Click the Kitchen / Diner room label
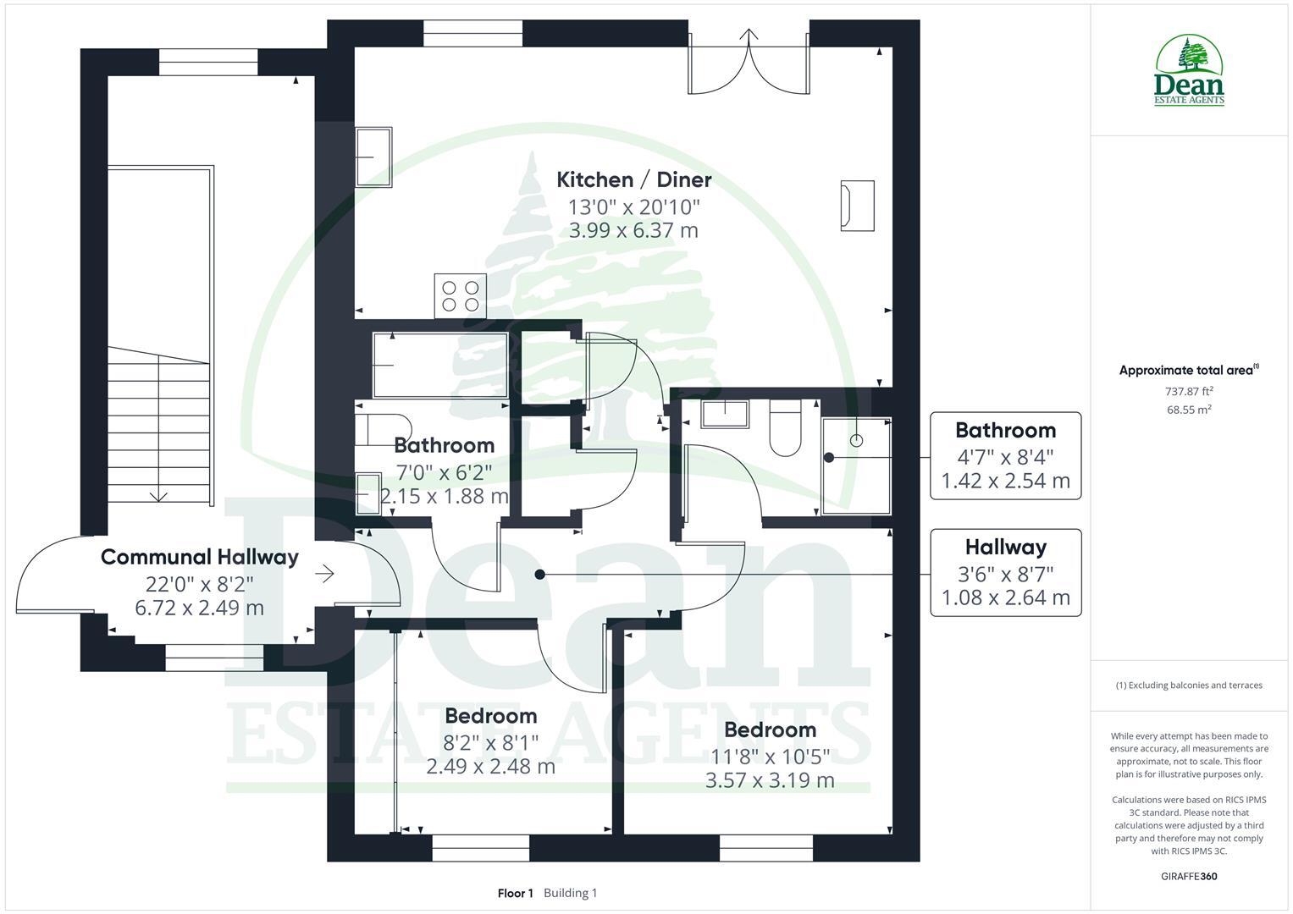(x=633, y=179)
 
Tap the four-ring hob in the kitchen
(x=460, y=295)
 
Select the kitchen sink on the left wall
(x=373, y=157)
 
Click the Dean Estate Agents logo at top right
(x=1190, y=71)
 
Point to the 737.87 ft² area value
(x=1189, y=391)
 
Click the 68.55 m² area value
(x=1189, y=410)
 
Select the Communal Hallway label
(x=199, y=557)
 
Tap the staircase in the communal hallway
(x=158, y=427)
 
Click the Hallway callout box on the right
(x=1005, y=572)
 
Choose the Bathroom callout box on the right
(x=1005, y=455)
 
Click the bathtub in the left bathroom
(x=440, y=365)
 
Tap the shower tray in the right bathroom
(x=856, y=465)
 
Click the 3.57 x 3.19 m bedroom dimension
(x=770, y=780)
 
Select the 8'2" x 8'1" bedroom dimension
(x=490, y=742)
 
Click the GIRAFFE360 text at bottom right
(x=1189, y=876)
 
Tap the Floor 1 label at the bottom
(x=515, y=893)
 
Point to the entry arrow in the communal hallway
(x=324, y=574)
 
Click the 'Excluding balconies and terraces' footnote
(x=1189, y=685)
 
